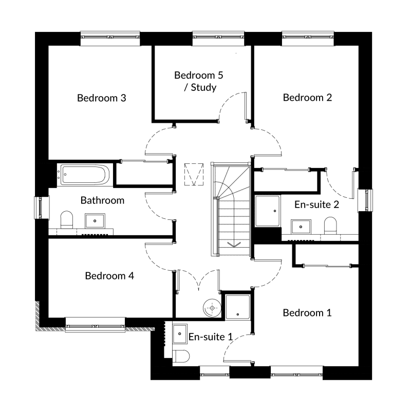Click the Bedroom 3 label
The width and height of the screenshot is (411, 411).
[x=102, y=98]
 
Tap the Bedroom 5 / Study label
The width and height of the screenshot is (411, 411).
[x=199, y=81]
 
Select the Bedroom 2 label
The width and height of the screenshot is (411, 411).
[x=307, y=98]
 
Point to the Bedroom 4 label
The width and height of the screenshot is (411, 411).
[x=109, y=276]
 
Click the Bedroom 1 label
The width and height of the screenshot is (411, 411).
[x=307, y=313]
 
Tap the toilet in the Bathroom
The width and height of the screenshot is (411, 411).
[x=67, y=220]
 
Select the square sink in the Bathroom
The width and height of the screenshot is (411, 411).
[x=95, y=221]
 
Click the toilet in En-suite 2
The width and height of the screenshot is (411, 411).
[x=330, y=226]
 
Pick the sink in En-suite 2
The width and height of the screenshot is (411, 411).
[x=301, y=227]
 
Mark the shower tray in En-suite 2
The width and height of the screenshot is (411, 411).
[x=268, y=211]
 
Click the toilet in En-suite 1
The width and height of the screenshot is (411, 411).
[x=181, y=356]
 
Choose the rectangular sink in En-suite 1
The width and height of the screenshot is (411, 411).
[x=180, y=333]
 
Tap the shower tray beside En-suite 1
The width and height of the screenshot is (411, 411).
[x=238, y=307]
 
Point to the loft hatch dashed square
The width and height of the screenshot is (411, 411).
[x=194, y=175]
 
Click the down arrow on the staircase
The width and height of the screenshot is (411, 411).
[x=234, y=245]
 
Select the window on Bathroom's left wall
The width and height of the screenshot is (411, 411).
[x=42, y=208]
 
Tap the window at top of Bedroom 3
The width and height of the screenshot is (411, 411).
[x=110, y=39]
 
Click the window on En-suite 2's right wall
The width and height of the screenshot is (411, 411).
[x=365, y=200]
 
